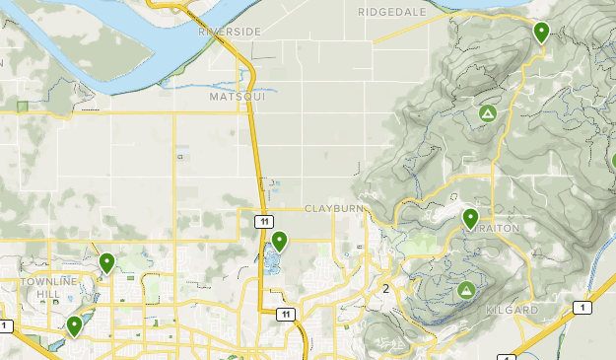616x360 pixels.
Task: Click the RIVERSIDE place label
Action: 230,32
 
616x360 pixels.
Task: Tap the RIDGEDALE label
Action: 393,12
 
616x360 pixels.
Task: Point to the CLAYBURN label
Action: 334,209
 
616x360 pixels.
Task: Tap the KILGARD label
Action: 513,310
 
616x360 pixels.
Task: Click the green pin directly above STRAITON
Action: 470,217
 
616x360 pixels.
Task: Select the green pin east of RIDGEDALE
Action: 541,32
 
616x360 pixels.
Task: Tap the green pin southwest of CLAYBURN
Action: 280,240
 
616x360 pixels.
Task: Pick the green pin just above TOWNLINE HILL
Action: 106,262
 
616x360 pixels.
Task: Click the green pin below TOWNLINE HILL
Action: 74,325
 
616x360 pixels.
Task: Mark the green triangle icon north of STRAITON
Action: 487,114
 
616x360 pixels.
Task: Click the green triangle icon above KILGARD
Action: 465,290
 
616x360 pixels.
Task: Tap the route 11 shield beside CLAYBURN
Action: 265,222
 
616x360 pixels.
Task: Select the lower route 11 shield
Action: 286,314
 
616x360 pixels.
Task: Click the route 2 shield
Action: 386,288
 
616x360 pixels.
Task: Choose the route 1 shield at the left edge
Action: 5,325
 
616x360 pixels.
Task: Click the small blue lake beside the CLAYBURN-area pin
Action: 268,261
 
